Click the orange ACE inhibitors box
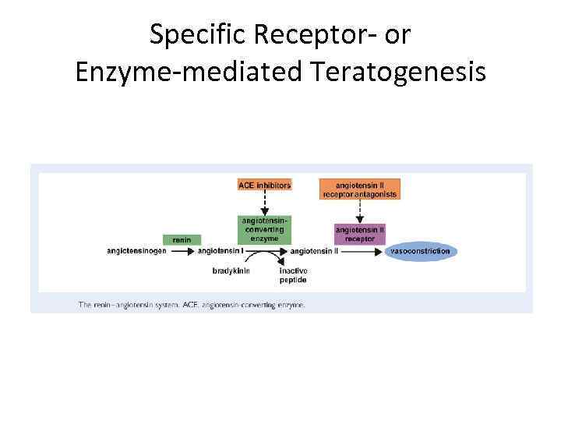coord(264,185)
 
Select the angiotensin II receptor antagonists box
coord(359,189)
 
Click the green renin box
coord(182,239)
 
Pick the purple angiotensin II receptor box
coord(359,234)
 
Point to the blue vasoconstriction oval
coord(421,251)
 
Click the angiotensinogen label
coord(137,251)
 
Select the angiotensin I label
coord(221,251)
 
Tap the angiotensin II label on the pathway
coord(314,251)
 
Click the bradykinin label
coord(231,271)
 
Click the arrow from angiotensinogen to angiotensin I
coord(182,252)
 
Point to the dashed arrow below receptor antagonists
coord(359,210)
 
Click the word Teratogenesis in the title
coord(397,72)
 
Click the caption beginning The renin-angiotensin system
coord(191,305)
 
